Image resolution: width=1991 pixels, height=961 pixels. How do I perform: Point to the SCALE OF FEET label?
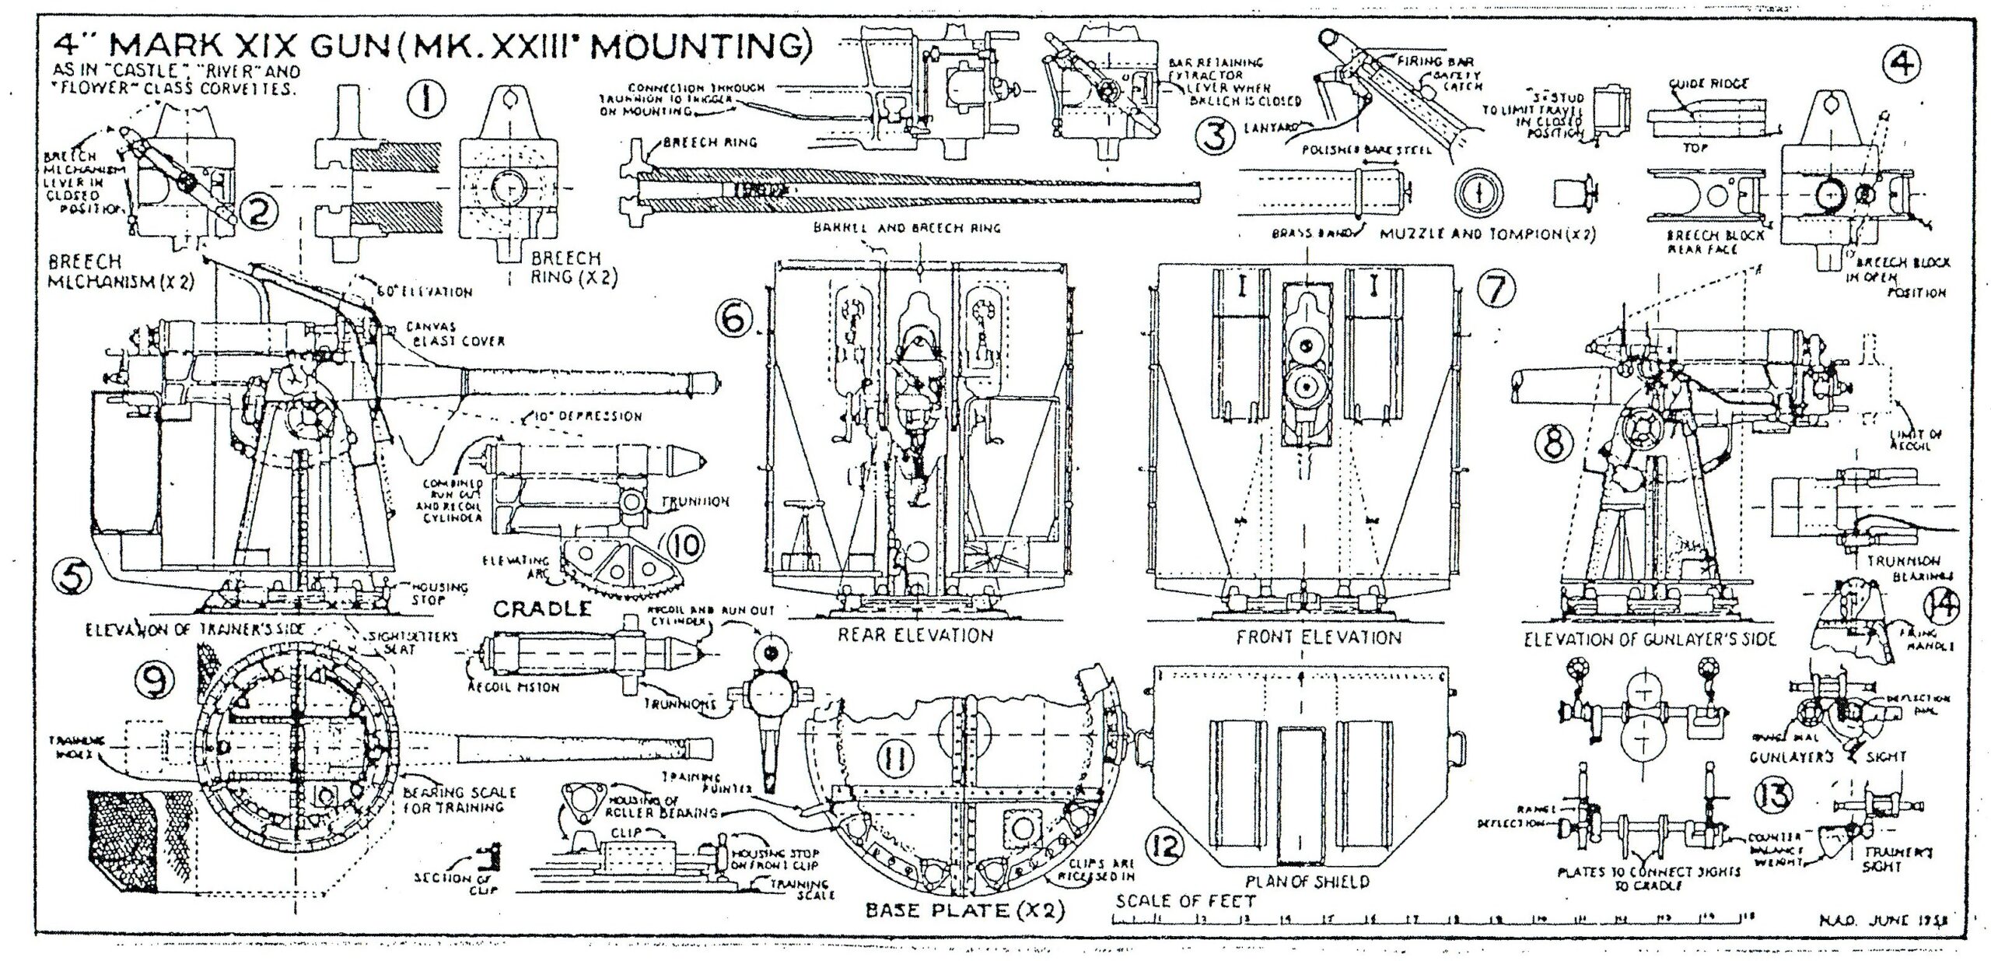point(1185,902)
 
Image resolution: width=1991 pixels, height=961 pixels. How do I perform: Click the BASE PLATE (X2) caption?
point(964,910)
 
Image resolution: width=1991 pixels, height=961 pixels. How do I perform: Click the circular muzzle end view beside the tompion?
point(1478,195)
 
